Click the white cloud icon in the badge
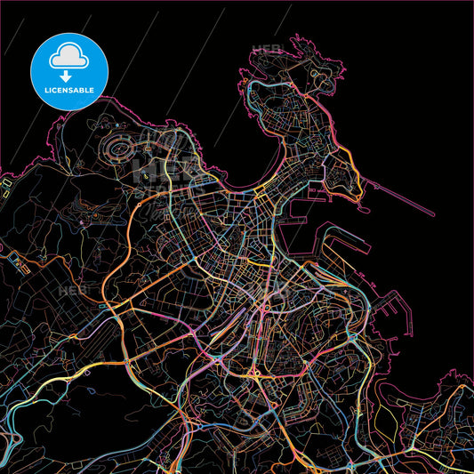pyautogui.click(x=68, y=56)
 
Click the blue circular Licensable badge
pyautogui.click(x=68, y=71)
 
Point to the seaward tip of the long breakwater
pyautogui.click(x=434, y=215)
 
